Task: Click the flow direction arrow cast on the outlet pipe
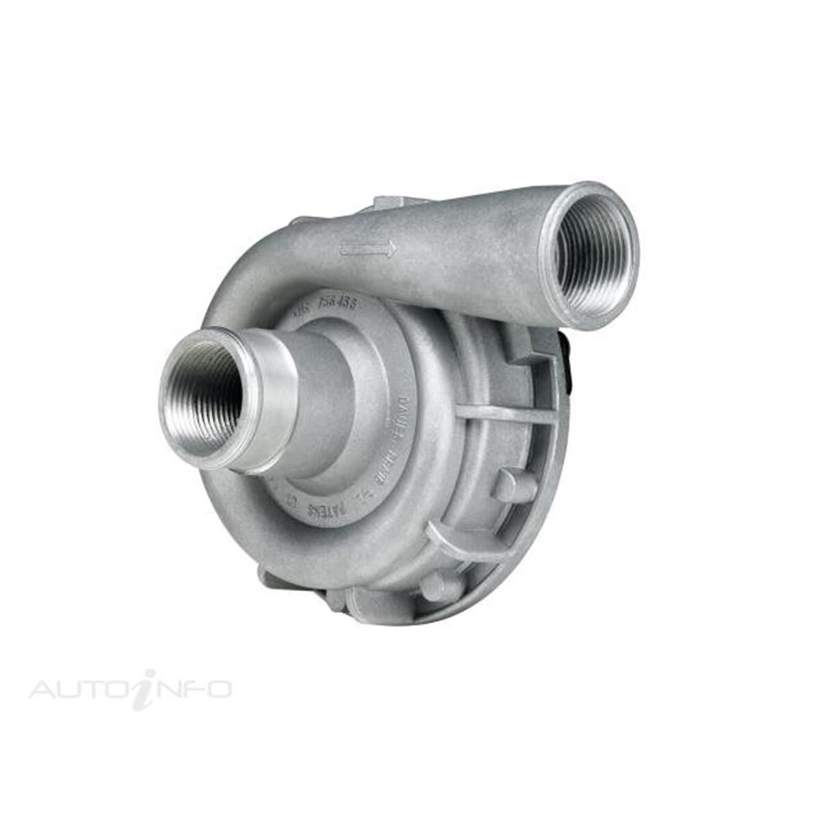click(368, 249)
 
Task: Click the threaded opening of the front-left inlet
click(205, 399)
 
